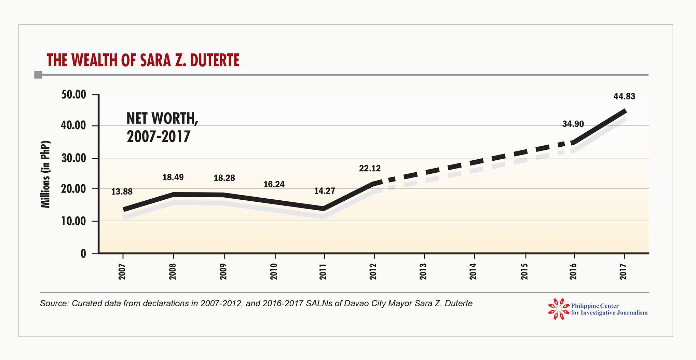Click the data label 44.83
(x=624, y=96)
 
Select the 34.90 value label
(x=573, y=124)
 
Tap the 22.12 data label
(x=369, y=168)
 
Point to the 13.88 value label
(x=122, y=192)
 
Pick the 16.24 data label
(x=274, y=185)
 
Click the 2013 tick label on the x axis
(x=423, y=271)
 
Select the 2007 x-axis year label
(x=122, y=271)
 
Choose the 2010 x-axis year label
(x=274, y=271)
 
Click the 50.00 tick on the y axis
(x=73, y=95)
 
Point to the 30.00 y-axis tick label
(x=73, y=158)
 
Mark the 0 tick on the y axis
(x=83, y=254)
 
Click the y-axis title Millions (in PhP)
(x=45, y=174)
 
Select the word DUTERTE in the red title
(x=215, y=61)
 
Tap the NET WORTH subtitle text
(x=162, y=119)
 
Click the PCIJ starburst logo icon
(x=558, y=309)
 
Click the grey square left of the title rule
(x=38, y=75)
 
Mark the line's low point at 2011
(x=323, y=208)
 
